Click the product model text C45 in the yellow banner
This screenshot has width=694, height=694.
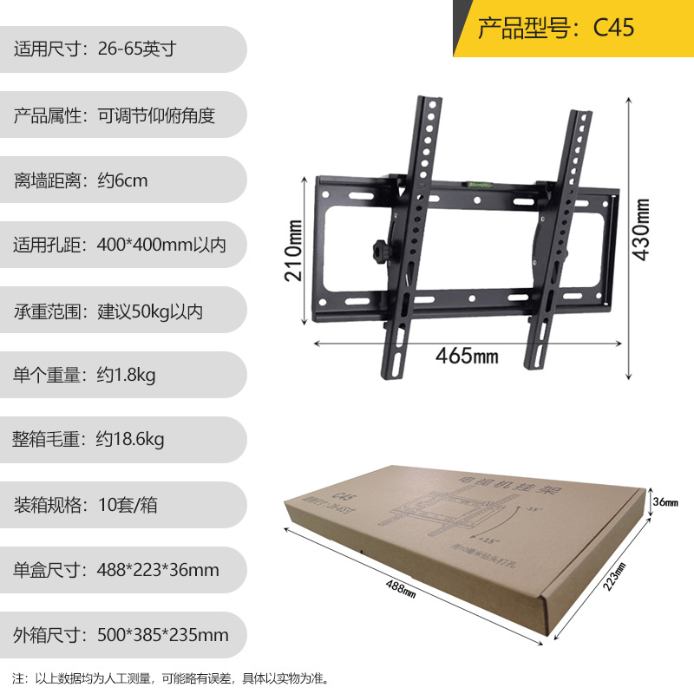[x=614, y=28]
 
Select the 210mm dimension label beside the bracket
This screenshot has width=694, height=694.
[x=293, y=251]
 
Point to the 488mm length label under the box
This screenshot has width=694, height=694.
[x=399, y=590]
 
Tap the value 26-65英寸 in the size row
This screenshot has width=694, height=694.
[x=136, y=49]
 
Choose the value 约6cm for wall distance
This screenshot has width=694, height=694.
[x=122, y=180]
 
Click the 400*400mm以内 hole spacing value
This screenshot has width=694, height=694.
[x=161, y=246]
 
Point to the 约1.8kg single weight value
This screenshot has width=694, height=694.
[x=126, y=376]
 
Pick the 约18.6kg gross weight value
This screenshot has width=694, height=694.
[x=130, y=440]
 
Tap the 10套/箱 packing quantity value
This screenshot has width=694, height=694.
[x=128, y=505]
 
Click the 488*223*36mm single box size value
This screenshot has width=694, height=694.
[x=157, y=570]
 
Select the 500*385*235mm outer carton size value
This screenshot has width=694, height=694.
[x=162, y=635]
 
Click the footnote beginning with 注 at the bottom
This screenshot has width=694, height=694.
[x=171, y=678]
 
